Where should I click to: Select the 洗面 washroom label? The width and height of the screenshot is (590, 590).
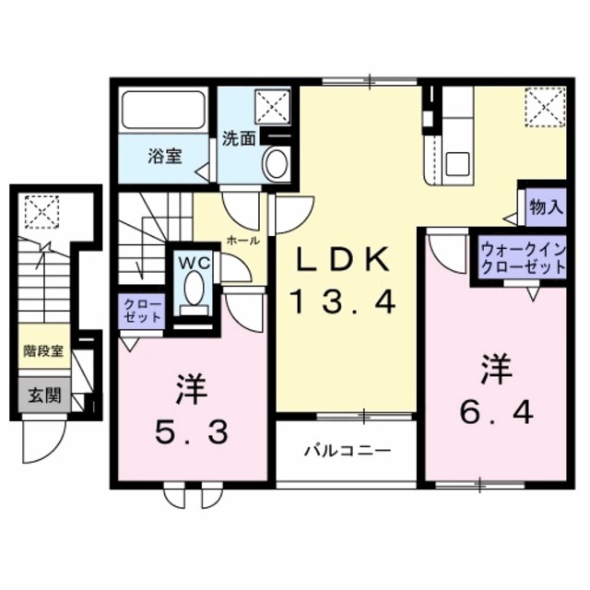point(240,139)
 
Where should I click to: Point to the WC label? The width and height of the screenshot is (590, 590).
point(193,261)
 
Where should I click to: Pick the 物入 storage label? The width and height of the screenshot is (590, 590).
point(545,207)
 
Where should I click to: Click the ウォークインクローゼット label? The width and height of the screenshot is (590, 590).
point(522,258)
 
